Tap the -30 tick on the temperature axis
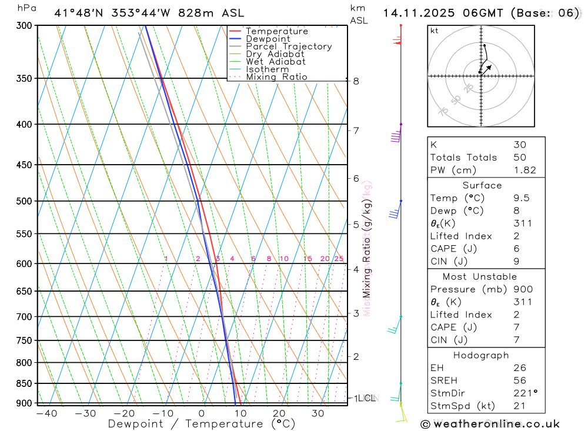(85, 413)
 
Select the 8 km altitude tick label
(356, 81)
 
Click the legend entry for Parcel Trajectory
(289, 46)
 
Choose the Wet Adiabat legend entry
(276, 62)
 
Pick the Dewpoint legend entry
(268, 39)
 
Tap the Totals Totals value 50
(520, 158)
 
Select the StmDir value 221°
(525, 393)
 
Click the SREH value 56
(520, 380)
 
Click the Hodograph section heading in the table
(481, 355)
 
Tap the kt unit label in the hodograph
(435, 31)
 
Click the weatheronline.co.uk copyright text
(490, 423)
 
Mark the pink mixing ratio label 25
(339, 259)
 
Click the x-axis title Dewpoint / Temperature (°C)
(202, 423)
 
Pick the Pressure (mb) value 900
(523, 289)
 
